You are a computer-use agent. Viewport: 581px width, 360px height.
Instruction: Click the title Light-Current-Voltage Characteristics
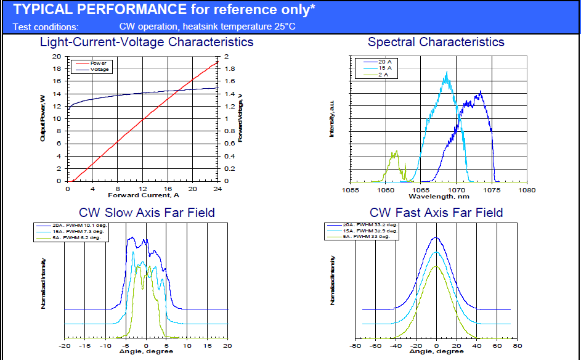(x=147, y=43)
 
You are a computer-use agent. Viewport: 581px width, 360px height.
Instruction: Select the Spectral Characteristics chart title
(x=436, y=43)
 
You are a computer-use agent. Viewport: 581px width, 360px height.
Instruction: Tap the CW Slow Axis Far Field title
(x=146, y=213)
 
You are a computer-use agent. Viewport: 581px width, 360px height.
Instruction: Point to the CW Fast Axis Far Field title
(x=436, y=213)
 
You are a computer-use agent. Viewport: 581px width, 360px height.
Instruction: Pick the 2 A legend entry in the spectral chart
(x=383, y=75)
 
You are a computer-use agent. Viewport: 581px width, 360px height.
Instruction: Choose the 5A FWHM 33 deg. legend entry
(x=369, y=237)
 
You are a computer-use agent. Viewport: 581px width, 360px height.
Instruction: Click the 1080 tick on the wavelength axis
(x=527, y=190)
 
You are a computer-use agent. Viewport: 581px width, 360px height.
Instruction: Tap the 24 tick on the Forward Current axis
(x=217, y=189)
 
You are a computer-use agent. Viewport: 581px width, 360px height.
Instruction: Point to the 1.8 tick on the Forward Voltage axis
(x=230, y=68)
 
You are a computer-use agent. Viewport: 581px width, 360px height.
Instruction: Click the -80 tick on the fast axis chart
(x=356, y=346)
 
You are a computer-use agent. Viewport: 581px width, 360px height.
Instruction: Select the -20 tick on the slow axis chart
(x=65, y=346)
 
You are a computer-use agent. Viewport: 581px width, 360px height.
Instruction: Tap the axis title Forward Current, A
(x=142, y=195)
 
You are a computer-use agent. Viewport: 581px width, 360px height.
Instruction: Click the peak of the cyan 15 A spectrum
(x=447, y=73)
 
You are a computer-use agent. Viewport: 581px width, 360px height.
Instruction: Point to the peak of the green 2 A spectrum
(x=396, y=151)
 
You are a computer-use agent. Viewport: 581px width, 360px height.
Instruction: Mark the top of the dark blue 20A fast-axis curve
(x=436, y=237)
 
